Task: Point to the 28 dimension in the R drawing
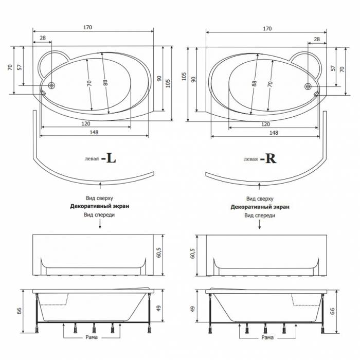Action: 317,39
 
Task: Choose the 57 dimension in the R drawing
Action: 333,68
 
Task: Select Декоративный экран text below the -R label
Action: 260,206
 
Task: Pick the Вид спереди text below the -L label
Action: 100,215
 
